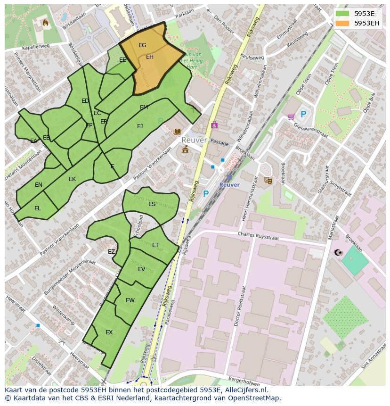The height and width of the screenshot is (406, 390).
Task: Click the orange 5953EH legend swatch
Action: click(x=342, y=23)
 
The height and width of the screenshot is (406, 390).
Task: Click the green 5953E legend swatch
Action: click(x=342, y=14)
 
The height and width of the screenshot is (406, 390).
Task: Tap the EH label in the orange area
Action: click(x=150, y=57)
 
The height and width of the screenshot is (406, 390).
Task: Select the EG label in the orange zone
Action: click(x=142, y=45)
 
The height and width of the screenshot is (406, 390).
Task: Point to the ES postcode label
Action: click(x=152, y=204)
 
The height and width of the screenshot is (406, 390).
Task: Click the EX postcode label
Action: click(x=109, y=332)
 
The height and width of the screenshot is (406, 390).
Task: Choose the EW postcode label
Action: click(x=130, y=300)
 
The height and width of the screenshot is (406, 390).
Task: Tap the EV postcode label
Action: click(x=141, y=269)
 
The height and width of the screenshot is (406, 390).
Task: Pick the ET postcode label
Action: click(x=155, y=245)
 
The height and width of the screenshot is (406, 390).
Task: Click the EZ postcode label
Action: click(x=111, y=252)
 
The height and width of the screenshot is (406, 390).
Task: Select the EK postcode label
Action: click(x=72, y=179)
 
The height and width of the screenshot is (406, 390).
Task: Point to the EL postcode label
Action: click(x=38, y=208)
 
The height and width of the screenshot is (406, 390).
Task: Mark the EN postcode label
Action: click(x=39, y=185)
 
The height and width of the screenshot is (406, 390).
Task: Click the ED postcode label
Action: click(x=85, y=101)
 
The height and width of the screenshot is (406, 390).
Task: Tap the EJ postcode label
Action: click(x=140, y=126)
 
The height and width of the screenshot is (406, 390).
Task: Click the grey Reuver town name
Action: click(x=194, y=141)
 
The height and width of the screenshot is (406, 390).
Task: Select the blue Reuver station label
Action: click(x=229, y=185)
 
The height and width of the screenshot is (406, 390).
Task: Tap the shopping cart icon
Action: click(x=291, y=116)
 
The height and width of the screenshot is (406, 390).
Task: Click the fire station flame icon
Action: click(x=46, y=22)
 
